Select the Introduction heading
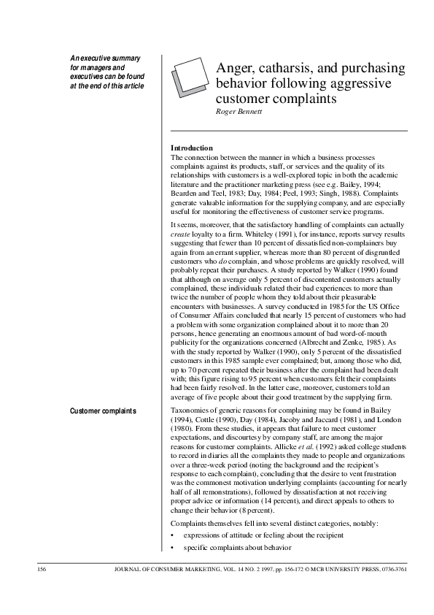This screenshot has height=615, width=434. [191, 148]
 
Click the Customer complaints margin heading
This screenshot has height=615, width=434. [103, 411]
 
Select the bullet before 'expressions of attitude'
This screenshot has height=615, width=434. [172, 535]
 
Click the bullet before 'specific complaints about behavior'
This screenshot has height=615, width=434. [172, 546]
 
